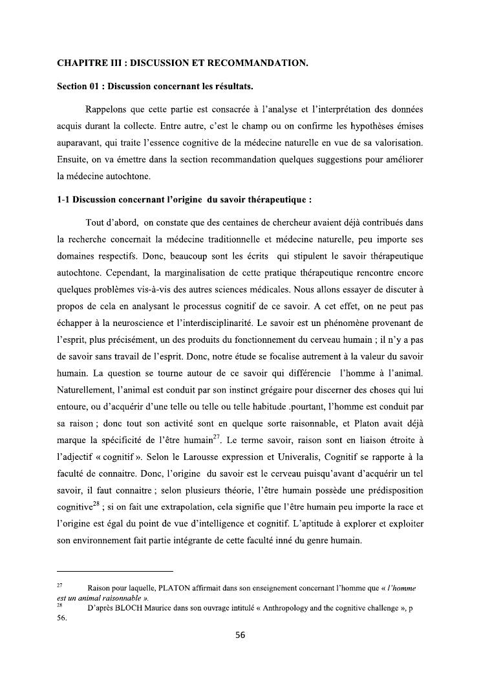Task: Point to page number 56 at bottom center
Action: (240, 634)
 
